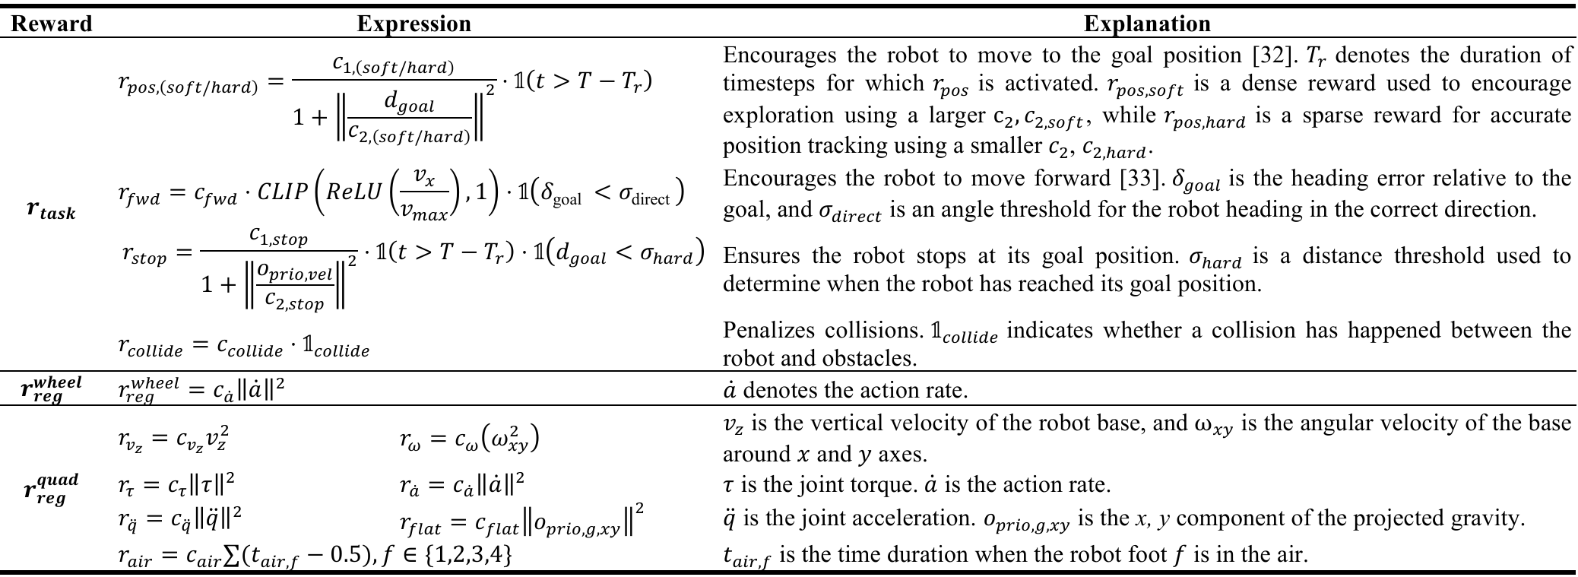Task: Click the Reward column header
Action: click(52, 24)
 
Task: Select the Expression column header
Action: click(414, 24)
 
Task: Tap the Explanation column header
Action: click(1146, 24)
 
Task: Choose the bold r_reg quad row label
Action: click(51, 488)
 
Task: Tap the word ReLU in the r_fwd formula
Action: click(353, 192)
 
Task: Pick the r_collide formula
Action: click(243, 347)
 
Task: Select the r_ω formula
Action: click(470, 439)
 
